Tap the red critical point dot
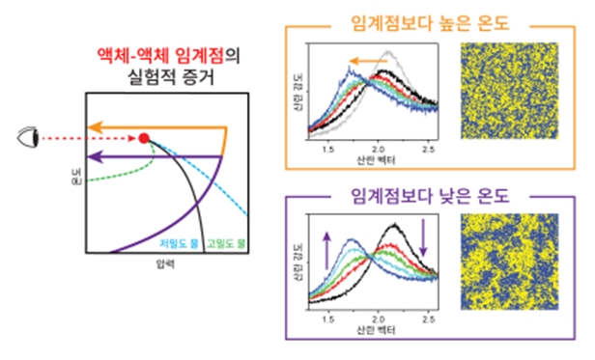[x=144, y=139]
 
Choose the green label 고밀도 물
[x=225, y=243]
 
